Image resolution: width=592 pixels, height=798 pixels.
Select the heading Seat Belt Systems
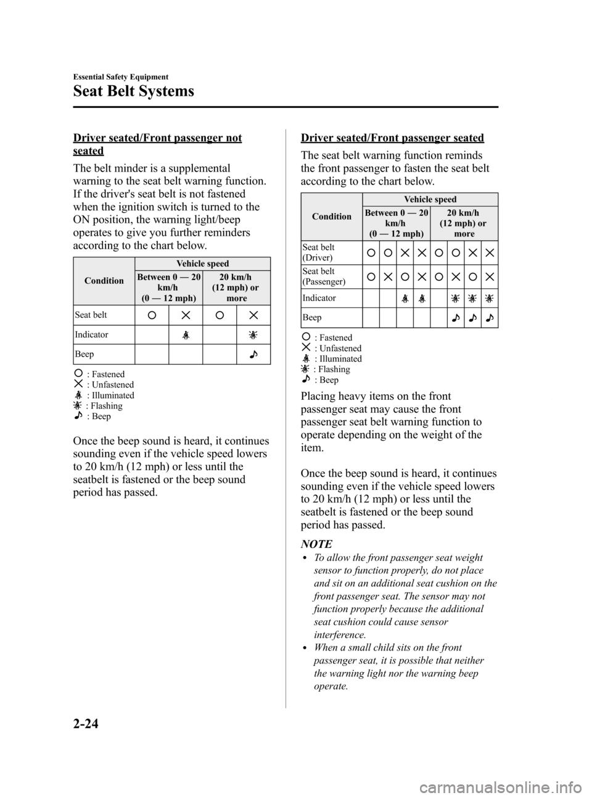click(133, 91)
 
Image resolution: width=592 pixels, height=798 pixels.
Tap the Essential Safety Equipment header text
click(120, 77)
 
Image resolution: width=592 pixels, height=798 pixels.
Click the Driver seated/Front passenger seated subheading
click(392, 138)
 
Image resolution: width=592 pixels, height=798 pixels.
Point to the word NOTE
click(316, 544)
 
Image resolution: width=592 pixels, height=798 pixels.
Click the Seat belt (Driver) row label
click(318, 252)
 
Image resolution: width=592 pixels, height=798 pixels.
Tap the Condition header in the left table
click(104, 281)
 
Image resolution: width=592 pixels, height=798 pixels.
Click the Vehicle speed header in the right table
click(430, 199)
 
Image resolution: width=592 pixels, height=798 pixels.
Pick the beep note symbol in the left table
click(253, 355)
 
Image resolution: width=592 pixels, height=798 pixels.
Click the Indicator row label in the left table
click(91, 335)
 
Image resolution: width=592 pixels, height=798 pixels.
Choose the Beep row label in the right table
click(311, 317)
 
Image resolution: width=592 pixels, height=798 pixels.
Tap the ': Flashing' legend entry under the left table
click(98, 406)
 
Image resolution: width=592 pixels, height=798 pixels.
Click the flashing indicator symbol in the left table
click(253, 335)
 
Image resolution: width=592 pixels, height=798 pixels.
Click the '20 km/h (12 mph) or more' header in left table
click(235, 288)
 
